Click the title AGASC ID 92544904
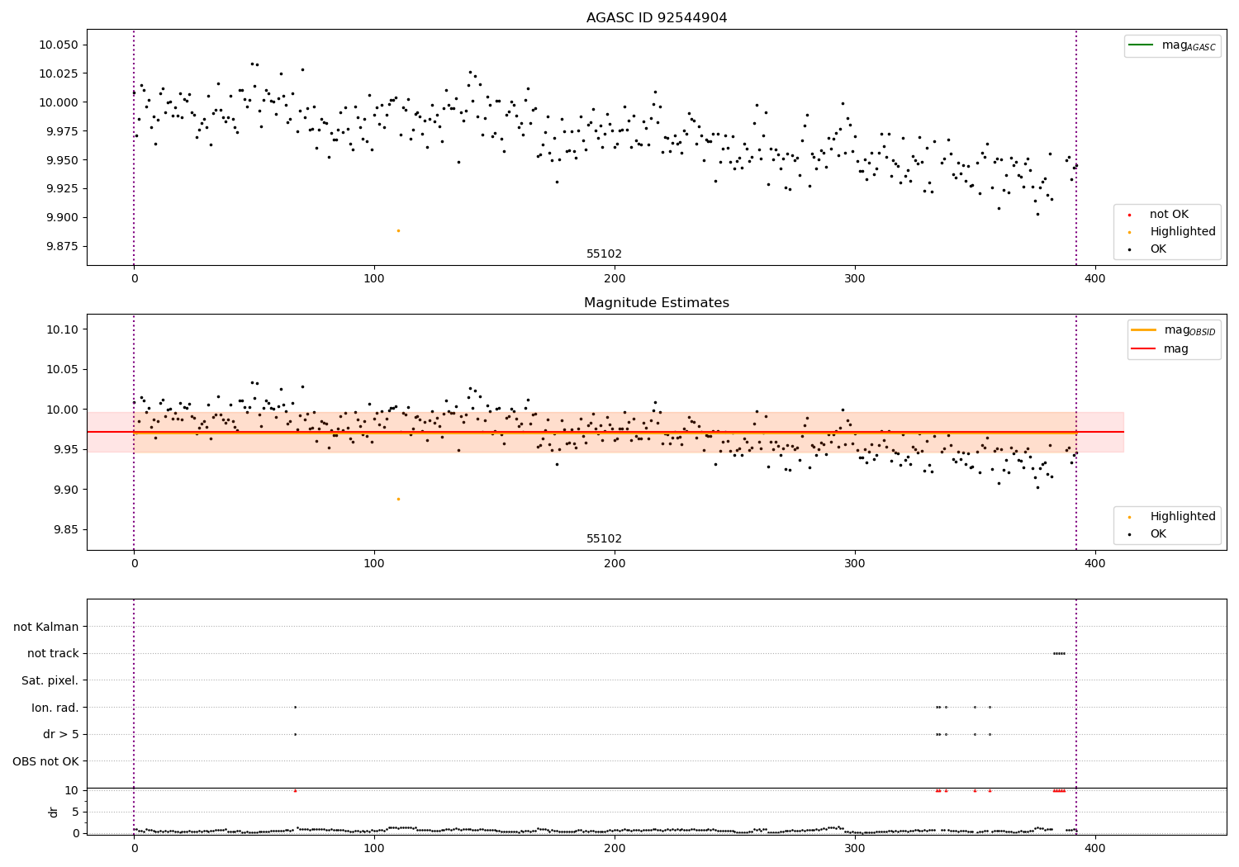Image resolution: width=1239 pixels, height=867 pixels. click(656, 18)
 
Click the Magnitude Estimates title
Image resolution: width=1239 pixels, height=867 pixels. click(656, 303)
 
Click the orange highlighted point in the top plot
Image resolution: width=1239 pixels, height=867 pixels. click(398, 230)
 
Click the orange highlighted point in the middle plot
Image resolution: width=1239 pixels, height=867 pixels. click(398, 499)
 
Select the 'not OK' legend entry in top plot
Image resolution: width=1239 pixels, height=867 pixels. click(1169, 215)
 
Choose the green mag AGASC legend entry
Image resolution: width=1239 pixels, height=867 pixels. click(1171, 45)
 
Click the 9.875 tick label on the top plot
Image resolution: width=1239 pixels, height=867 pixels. click(60, 246)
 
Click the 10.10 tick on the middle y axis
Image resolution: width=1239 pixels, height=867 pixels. click(63, 329)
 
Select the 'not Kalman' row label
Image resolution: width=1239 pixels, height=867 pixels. click(46, 627)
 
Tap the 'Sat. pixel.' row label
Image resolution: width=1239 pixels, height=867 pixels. click(50, 680)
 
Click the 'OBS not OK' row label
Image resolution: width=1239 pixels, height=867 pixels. click(45, 761)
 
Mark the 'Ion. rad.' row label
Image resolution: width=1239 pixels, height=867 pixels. click(55, 708)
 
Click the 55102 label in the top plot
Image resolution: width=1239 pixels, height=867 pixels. click(604, 254)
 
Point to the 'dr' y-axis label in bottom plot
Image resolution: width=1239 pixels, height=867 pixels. click(54, 812)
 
